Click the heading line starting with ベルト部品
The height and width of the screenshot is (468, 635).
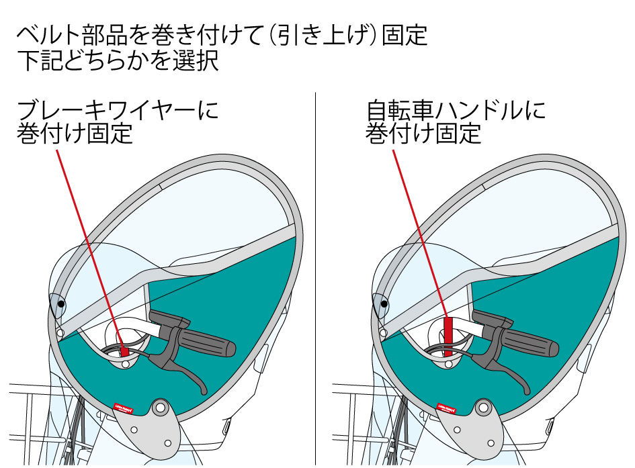click(222, 35)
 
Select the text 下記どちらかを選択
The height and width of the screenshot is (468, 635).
click(118, 62)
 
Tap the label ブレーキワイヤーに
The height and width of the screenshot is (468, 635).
click(118, 109)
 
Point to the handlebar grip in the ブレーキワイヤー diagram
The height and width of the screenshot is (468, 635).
click(208, 340)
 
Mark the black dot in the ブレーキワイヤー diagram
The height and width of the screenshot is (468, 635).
click(61, 304)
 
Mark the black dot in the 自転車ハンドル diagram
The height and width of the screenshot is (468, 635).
click(384, 304)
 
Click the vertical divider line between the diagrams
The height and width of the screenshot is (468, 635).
click(315, 269)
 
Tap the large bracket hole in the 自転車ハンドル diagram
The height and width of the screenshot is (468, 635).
click(483, 408)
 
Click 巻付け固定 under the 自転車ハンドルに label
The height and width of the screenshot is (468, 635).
click(423, 134)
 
